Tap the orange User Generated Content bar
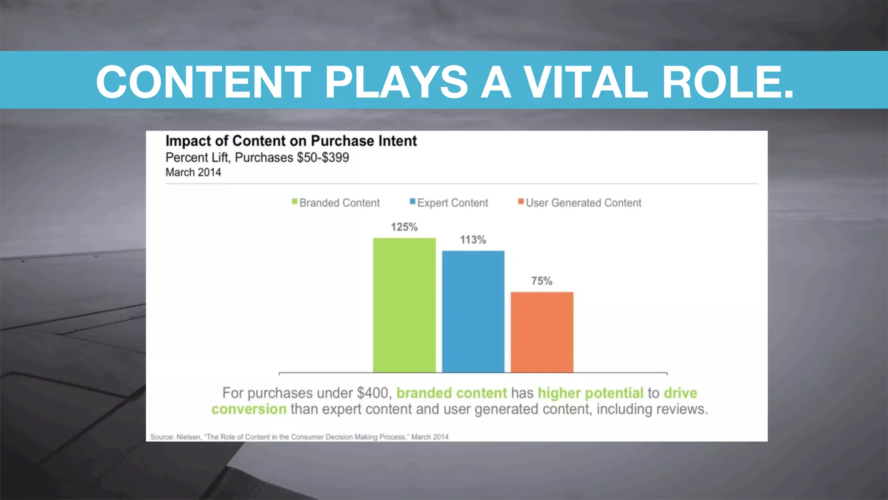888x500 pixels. [542, 332]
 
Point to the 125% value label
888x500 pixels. [404, 227]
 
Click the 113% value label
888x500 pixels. [473, 240]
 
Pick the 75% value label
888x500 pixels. [542, 281]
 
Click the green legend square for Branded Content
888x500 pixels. [295, 201]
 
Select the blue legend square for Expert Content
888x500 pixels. [413, 201]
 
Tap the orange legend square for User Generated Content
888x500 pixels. [521, 201]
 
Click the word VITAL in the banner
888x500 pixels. [586, 82]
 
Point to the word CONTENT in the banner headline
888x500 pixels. [203, 82]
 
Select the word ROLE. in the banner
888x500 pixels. [728, 82]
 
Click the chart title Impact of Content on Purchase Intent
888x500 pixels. [291, 141]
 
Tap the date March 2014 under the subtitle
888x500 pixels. [193, 172]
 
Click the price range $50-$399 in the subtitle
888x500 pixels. [323, 158]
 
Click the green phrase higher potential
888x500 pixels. [591, 393]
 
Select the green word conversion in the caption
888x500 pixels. [249, 409]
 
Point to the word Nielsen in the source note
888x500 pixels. [189, 437]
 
